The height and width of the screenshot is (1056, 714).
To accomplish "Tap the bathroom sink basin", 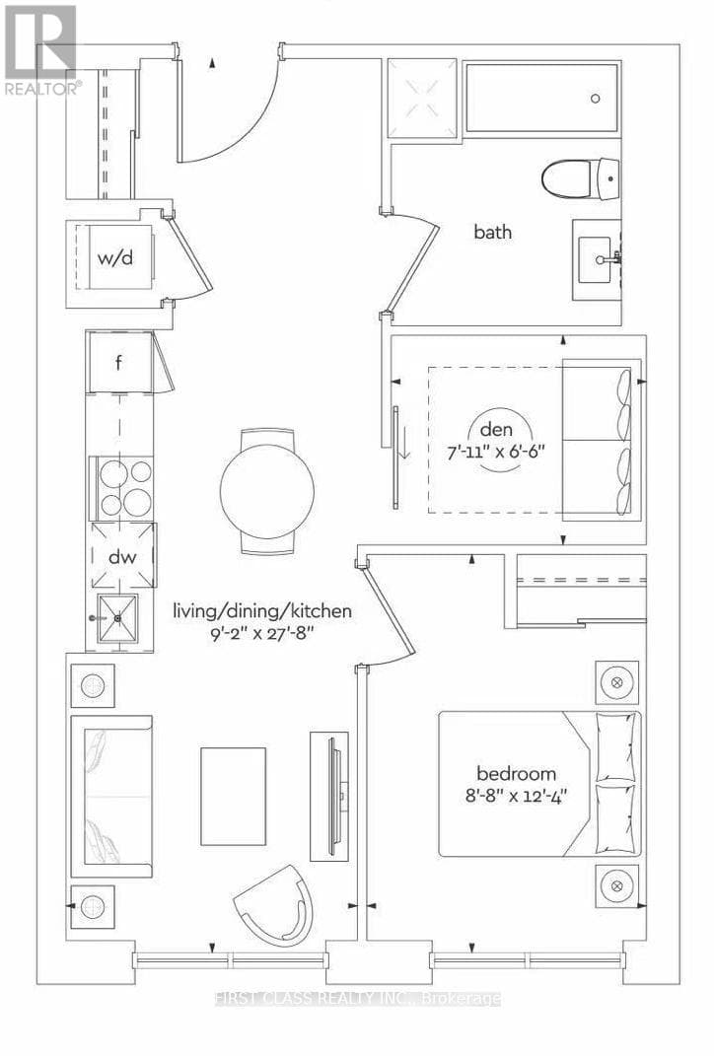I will click(x=596, y=260).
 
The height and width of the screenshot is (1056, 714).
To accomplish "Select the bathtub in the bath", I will click(x=541, y=98).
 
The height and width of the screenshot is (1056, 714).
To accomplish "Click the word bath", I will click(x=492, y=233).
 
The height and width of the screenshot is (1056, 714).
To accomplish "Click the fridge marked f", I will click(x=118, y=362).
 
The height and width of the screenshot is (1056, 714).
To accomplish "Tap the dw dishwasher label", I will click(x=121, y=557).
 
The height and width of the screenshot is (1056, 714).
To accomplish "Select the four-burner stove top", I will click(x=123, y=488).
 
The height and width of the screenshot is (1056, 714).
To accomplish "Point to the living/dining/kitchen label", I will click(x=262, y=611).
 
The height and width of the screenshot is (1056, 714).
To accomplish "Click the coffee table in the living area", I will click(x=234, y=796).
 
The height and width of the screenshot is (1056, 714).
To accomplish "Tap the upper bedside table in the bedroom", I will click(x=617, y=682).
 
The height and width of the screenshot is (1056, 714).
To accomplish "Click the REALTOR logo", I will click(x=40, y=49).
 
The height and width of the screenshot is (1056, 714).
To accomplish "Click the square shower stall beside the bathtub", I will click(x=422, y=98).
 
